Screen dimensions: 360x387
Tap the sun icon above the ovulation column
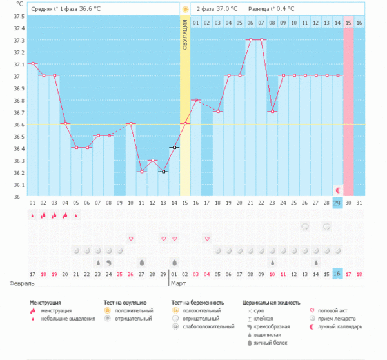pyautogui.click(x=185, y=10)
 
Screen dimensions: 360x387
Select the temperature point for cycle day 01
pyautogui.click(x=32, y=63)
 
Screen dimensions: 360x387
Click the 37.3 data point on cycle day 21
pyautogui.click(x=250, y=40)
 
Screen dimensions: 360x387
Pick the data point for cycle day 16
pyautogui.click(x=196, y=100)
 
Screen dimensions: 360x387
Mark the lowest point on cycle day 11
pyautogui.click(x=141, y=172)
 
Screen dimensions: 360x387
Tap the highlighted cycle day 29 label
pyautogui.click(x=337, y=203)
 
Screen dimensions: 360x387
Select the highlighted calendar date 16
pyautogui.click(x=337, y=274)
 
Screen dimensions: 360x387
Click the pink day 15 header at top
pyautogui.click(x=348, y=23)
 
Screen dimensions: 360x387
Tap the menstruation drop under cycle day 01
pyautogui.click(x=32, y=215)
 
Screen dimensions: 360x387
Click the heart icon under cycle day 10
pyautogui.click(x=130, y=239)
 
